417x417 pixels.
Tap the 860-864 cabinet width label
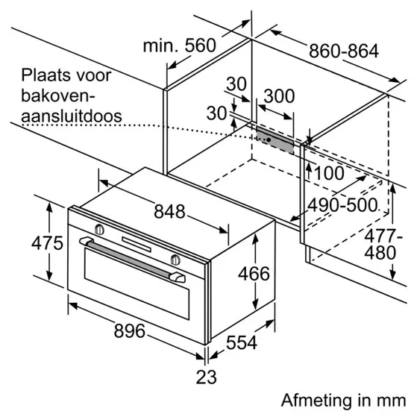click(344, 51)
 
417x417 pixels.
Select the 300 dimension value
click(279, 95)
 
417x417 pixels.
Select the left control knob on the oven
click(100, 227)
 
